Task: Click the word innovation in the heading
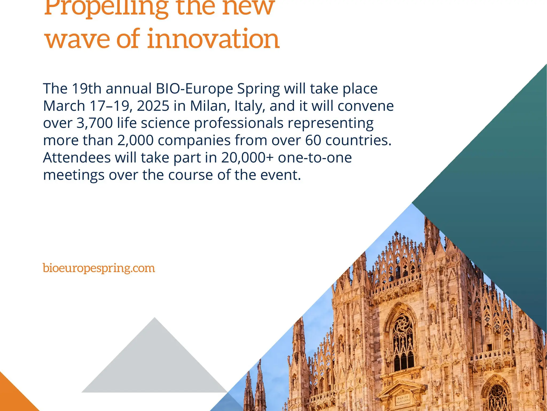pos(213,39)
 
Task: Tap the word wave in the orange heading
pos(77,39)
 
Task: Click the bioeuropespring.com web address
pos(99,268)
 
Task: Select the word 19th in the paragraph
pos(87,89)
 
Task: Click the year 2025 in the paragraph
pos(153,106)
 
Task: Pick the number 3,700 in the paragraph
pos(95,123)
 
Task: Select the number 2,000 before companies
pos(135,140)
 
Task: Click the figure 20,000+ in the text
pos(247,158)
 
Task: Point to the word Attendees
pos(77,158)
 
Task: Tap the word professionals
pos(239,123)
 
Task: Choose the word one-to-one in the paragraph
pos(315,158)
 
